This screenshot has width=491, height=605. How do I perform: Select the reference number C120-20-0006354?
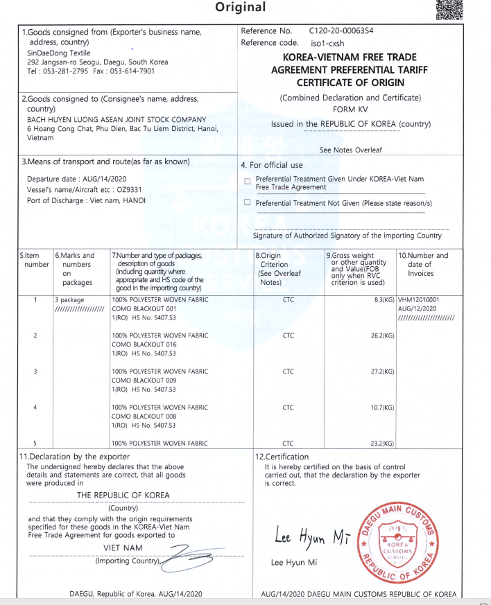click(341, 31)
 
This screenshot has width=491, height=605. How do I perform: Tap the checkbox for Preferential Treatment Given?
click(248, 182)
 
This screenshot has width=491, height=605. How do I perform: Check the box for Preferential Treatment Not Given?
click(248, 202)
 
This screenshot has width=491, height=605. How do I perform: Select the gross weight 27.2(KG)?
click(381, 371)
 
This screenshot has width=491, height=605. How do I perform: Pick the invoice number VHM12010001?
click(419, 299)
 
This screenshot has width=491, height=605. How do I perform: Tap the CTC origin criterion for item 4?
click(288, 407)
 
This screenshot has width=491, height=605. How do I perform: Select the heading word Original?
click(240, 7)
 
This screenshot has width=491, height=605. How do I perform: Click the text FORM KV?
click(350, 109)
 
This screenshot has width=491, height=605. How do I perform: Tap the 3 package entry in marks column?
click(69, 299)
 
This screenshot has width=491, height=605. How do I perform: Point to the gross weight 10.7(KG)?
click(381, 407)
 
